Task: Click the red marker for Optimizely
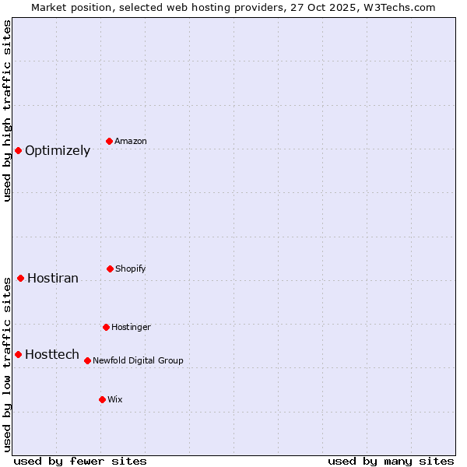18,150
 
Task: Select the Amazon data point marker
110,141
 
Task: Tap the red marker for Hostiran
20,278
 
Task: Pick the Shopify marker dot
110,269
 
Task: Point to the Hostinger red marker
106,327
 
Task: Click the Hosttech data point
18,354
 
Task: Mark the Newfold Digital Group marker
87,360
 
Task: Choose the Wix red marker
102,399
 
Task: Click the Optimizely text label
58,151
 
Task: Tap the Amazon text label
131,142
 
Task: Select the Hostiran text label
53,279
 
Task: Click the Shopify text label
131,269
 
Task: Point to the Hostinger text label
131,328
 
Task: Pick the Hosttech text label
52,355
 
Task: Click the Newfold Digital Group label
138,361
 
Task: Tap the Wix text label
115,400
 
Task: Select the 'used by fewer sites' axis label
80,461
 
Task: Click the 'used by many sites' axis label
391,461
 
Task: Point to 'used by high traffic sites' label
7,111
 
